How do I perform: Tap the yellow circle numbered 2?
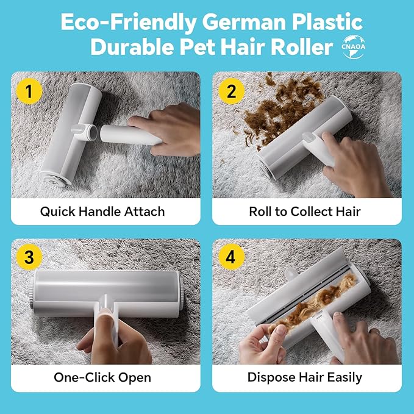[231, 91]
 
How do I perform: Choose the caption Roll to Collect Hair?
[305, 212]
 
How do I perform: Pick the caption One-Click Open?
[102, 377]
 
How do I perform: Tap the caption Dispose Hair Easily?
[305, 377]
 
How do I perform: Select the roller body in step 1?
[64, 131]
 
